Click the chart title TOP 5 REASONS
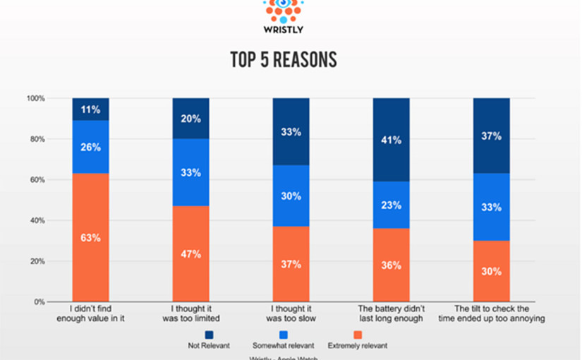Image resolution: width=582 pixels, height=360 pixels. coord(283,60)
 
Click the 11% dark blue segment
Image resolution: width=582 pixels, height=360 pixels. coord(90,109)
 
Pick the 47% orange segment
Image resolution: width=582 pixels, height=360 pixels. coord(190,253)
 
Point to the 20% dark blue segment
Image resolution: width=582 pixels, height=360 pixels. coord(190,119)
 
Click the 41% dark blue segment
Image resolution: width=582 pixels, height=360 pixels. coord(391,140)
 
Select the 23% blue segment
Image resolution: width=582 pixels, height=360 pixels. coord(391,205)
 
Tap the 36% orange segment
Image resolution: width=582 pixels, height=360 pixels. coord(391,265)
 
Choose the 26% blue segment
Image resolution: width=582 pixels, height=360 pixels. coord(90,147)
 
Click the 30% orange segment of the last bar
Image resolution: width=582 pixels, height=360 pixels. coord(491,271)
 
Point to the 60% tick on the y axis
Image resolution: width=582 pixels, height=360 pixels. coord(36,180)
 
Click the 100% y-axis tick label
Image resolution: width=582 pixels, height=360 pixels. coord(35,99)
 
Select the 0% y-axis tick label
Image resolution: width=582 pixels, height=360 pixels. coord(39,302)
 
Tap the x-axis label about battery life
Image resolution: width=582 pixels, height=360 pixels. coord(391,313)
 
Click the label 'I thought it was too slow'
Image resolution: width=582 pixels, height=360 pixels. coord(291,313)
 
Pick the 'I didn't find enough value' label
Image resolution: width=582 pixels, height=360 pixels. coord(90,313)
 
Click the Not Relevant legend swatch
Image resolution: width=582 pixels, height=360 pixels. coord(210,334)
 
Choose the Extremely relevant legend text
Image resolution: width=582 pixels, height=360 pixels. coord(358,346)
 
